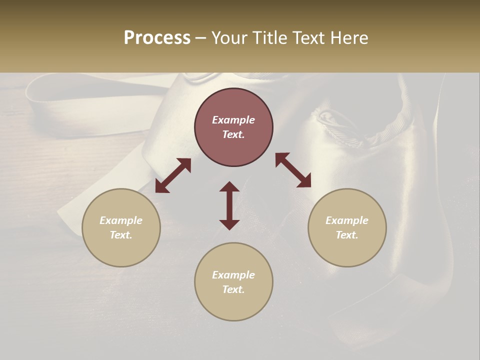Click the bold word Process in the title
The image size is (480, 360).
click(157, 38)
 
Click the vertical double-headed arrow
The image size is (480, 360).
click(229, 205)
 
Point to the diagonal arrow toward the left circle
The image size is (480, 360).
click(173, 175)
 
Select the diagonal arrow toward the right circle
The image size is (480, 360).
click(293, 170)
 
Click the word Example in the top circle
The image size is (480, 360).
click(233, 120)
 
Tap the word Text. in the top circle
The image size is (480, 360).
click(233, 134)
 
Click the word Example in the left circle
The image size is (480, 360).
click(121, 220)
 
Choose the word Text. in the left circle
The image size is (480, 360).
click(121, 235)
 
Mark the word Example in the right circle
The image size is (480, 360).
click(347, 220)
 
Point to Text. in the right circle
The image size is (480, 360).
click(347, 235)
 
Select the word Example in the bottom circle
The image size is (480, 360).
click(233, 275)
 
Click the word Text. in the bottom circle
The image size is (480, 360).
click(233, 289)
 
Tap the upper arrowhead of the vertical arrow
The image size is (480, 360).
click(229, 186)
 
